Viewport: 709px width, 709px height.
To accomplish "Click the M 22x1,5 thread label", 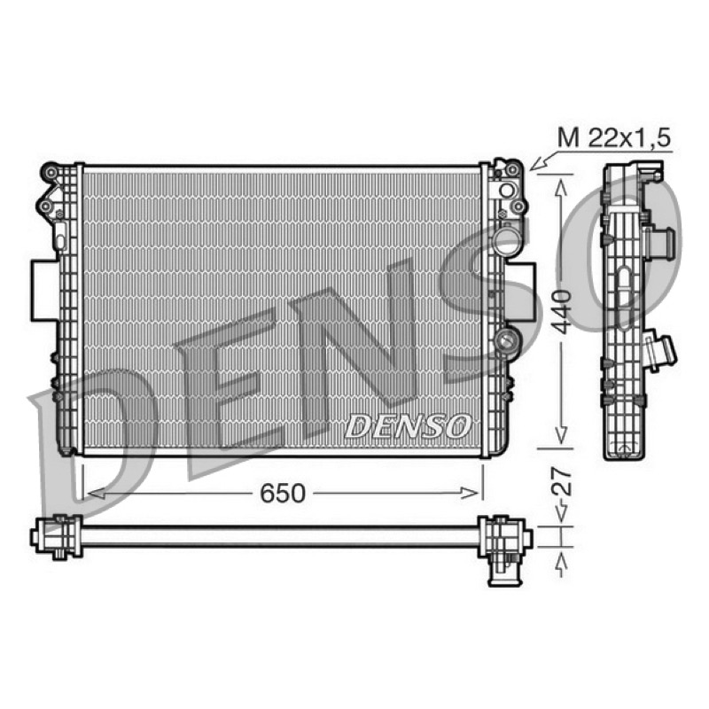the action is pos(613,137).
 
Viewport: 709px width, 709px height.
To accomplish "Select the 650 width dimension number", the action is pos(283,494).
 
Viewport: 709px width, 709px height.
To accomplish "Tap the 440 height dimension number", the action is pos(562,312).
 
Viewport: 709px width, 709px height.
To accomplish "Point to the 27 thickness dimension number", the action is pos(562,482).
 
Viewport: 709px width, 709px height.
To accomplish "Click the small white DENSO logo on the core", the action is pos(408,426).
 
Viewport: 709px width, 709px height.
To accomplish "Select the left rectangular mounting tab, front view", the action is pos(45,291).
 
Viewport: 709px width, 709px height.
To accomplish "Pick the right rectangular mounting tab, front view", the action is pos(521,291).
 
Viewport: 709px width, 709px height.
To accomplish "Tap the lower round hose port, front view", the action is pos(506,339).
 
